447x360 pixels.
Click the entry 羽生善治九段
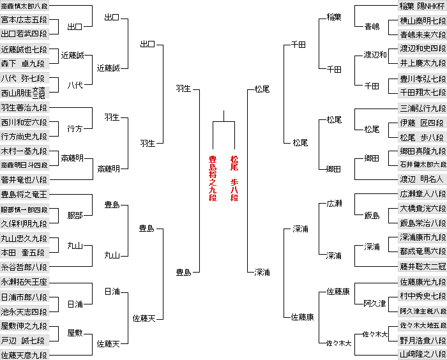[x=24, y=107]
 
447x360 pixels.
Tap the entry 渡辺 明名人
[x=422, y=179]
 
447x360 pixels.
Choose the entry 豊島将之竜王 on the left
[x=24, y=194]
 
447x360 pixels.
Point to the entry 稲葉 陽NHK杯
[x=422, y=6]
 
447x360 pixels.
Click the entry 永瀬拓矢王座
[x=24, y=281]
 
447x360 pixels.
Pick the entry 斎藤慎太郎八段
[x=24, y=6]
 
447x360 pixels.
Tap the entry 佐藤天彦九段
[x=24, y=354]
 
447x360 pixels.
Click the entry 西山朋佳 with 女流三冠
[x=24, y=93]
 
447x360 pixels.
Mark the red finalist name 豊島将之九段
[x=213, y=178]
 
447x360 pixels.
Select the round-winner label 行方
[x=75, y=128]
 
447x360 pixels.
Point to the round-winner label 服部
[x=75, y=216]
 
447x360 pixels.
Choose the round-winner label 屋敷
[x=75, y=333]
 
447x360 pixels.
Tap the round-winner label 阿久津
[x=375, y=303]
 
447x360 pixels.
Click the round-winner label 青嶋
[x=372, y=27]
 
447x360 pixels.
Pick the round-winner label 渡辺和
[x=375, y=55]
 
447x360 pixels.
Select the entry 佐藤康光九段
[x=422, y=281]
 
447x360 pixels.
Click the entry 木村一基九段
[x=24, y=151]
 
